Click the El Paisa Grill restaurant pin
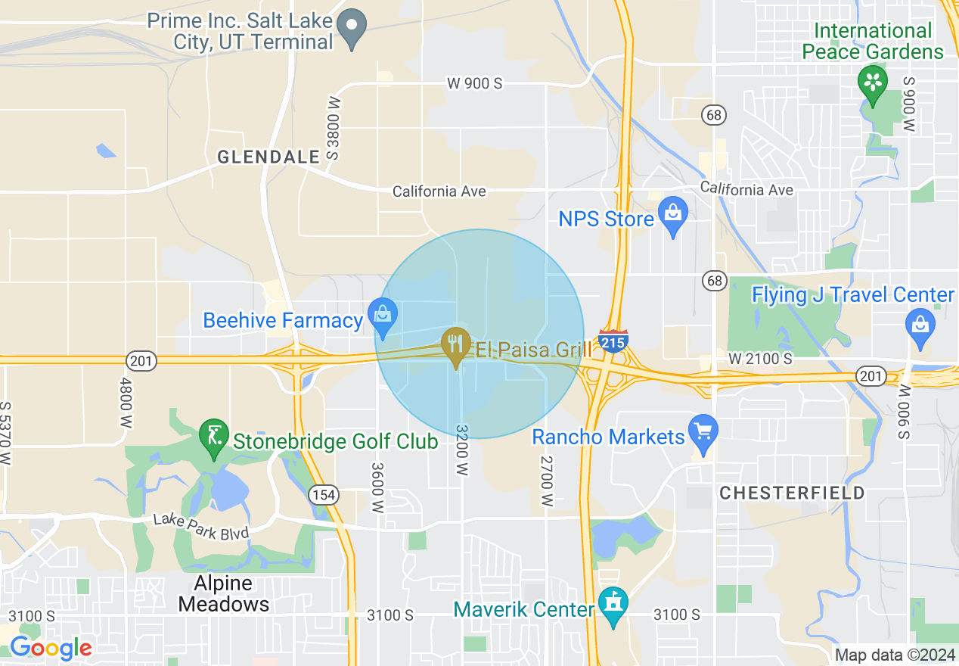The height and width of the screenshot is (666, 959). [456, 344]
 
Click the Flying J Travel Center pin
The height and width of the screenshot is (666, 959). [920, 326]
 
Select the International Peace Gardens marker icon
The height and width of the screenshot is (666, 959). [874, 82]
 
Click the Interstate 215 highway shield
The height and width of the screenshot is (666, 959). [613, 341]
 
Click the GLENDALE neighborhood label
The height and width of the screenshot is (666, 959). [268, 157]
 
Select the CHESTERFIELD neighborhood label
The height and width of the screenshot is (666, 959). [792, 493]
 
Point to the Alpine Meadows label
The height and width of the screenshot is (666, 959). [222, 594]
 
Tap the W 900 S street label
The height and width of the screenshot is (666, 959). [474, 84]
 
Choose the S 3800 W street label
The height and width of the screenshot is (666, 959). [334, 128]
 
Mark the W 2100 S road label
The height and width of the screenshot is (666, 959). [760, 357]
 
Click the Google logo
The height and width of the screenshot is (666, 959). [51, 649]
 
